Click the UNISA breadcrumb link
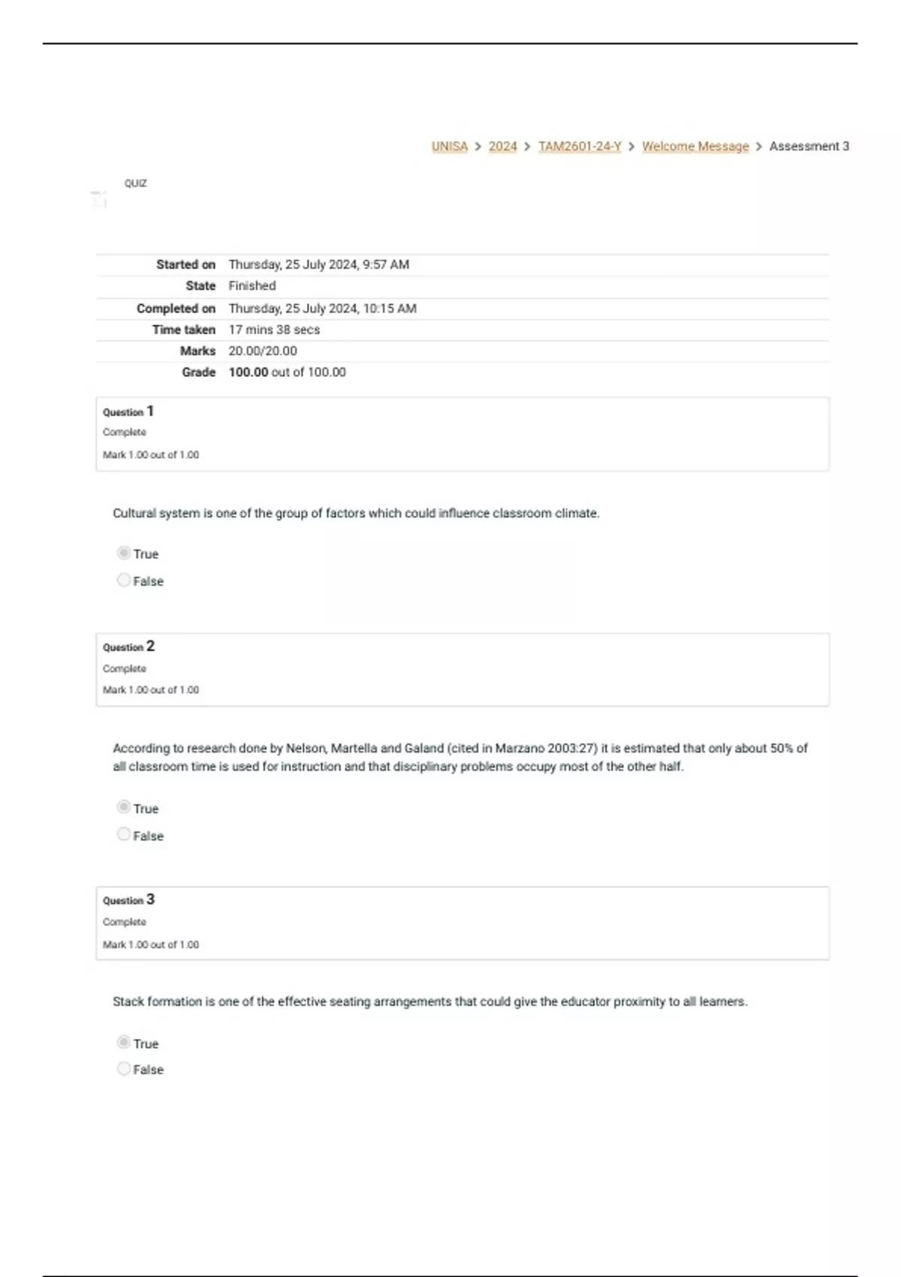tap(449, 146)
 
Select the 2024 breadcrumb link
tap(502, 146)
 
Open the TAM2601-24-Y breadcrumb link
tap(580, 146)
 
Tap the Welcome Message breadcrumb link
tap(695, 146)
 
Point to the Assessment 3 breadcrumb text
tap(809, 146)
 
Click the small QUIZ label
tap(136, 183)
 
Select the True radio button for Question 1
tap(124, 554)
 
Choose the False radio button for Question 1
tap(124, 581)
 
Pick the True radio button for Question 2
tap(124, 808)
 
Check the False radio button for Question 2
tap(124, 835)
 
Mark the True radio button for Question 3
tap(124, 1043)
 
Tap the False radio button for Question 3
tap(124, 1069)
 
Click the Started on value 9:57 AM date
tap(318, 264)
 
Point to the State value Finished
tap(252, 285)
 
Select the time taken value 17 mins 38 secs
tap(274, 330)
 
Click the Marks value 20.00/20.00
tap(262, 351)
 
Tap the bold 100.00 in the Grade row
tap(248, 373)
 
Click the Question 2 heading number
tap(150, 646)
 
